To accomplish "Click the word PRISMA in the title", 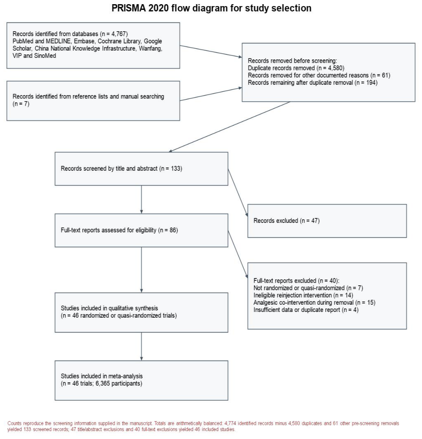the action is [x=129, y=8].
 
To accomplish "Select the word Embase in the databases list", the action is [x=84, y=41].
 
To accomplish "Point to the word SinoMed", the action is [x=45, y=56].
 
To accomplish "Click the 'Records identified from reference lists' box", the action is [x=93, y=101].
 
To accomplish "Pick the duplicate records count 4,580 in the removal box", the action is [x=335, y=68].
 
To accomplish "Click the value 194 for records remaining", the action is [x=371, y=83].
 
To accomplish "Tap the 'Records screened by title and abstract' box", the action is [x=141, y=169].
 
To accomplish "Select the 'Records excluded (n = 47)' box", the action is [x=327, y=221].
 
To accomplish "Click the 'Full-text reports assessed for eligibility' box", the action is [x=141, y=231].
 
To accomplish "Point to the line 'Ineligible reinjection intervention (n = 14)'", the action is [x=303, y=295].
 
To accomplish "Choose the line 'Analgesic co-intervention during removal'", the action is [x=304, y=303].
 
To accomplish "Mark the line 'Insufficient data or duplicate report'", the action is [x=297, y=310].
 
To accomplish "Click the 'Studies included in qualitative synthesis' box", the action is [x=141, y=312].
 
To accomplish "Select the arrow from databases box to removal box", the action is [x=211, y=51].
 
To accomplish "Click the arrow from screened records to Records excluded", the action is [x=238, y=193].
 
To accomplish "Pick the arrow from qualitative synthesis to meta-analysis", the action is [x=141, y=347].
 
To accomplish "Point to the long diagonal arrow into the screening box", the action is [x=229, y=127].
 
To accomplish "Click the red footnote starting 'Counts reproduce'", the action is [x=203, y=426].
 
